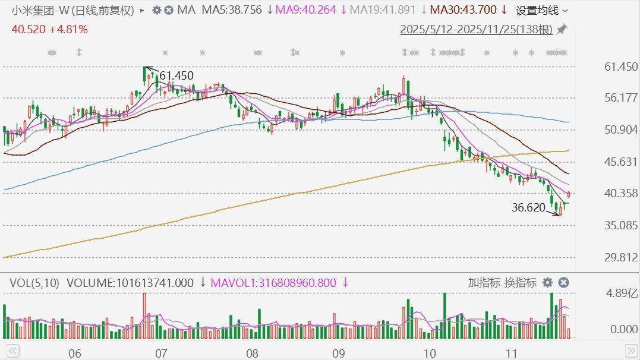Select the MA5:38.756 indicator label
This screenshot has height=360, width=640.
[232, 10]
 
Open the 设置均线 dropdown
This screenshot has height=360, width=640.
[541, 10]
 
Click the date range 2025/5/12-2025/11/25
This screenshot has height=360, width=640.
[476, 29]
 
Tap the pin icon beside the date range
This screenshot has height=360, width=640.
[562, 29]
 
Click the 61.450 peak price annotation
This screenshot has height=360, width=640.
[176, 76]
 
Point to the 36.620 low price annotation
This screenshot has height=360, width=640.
[529, 207]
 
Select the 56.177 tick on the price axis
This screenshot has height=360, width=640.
[621, 98]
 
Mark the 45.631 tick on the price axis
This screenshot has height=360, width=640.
[621, 162]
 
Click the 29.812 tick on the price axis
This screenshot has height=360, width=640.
[621, 257]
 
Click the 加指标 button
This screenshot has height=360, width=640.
[484, 283]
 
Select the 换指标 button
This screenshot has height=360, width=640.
[521, 283]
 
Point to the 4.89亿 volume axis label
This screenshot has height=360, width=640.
[622, 292]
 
